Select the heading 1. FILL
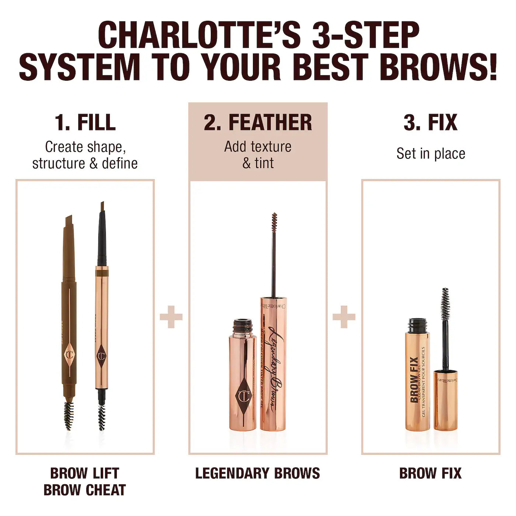(x=85, y=122)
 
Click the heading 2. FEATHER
(x=258, y=122)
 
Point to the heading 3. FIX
(x=430, y=122)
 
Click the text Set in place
(x=430, y=153)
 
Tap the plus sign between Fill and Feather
(x=171, y=317)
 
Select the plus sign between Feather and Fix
(x=344, y=317)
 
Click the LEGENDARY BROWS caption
(x=258, y=473)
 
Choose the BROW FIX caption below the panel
(x=430, y=473)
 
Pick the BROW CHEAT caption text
(x=85, y=490)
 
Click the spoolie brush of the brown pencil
(x=69, y=415)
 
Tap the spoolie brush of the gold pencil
(x=102, y=416)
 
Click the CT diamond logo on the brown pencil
(x=69, y=355)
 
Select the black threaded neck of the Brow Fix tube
(x=417, y=325)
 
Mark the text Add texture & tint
(x=258, y=155)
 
